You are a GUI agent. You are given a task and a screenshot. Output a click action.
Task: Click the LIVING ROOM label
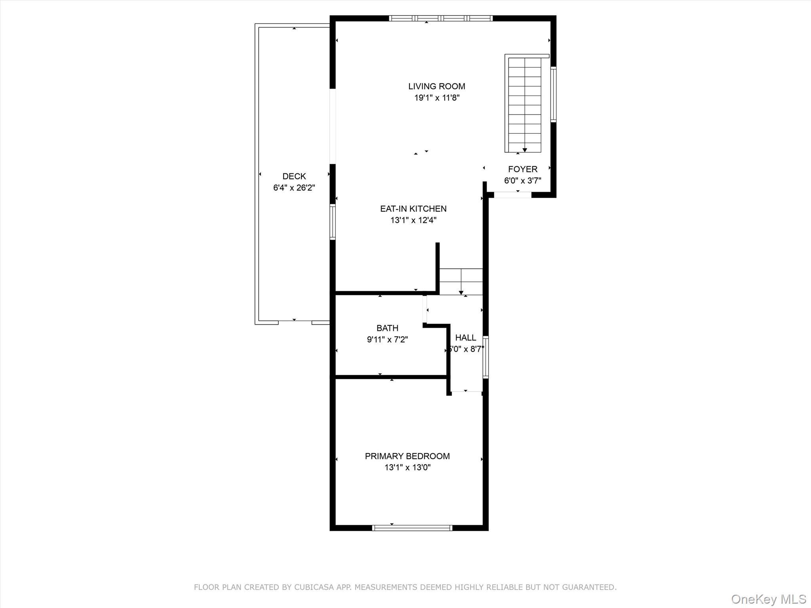[437, 86]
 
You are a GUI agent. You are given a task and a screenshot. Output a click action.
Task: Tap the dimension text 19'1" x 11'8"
[437, 98]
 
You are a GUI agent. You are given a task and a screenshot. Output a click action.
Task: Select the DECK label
[294, 176]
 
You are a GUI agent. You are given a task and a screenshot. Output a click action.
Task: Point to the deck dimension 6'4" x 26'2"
[294, 188]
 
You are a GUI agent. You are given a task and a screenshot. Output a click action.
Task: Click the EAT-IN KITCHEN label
[413, 209]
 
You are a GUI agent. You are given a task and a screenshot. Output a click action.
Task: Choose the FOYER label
[523, 169]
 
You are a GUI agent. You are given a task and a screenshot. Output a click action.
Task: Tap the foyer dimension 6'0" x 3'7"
[523, 181]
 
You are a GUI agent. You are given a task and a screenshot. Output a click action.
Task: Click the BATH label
[387, 328]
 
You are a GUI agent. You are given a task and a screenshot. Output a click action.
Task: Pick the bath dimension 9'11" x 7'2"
[387, 339]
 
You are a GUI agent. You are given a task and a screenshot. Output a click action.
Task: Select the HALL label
[465, 338]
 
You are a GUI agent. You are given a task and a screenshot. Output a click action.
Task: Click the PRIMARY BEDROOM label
[407, 456]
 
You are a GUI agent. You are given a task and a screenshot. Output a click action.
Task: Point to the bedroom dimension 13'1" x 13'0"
[407, 467]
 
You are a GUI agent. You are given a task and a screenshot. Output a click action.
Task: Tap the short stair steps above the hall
[461, 281]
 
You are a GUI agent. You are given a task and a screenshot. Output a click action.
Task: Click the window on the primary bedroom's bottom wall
[412, 528]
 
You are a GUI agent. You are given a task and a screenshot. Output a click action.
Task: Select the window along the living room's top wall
[440, 18]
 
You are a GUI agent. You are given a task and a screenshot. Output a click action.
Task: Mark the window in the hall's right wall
[485, 357]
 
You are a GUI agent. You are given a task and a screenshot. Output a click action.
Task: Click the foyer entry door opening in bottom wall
[512, 195]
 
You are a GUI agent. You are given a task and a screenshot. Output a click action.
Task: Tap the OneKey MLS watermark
[768, 599]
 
